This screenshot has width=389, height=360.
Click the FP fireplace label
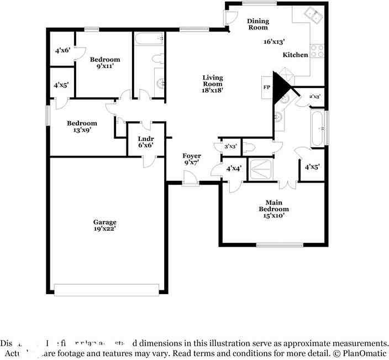coord(266,87)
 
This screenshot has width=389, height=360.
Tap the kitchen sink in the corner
coord(316,14)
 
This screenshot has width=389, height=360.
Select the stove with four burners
coord(317,51)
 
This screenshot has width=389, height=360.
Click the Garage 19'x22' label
coord(104,225)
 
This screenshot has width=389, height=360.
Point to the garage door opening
coord(107,289)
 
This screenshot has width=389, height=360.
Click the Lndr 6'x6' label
coord(146,142)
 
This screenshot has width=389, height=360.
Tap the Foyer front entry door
coord(191,180)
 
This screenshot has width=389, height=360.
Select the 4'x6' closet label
coord(62,50)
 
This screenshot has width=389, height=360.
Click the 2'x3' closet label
coord(315,97)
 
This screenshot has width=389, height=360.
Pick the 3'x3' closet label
coord(230,147)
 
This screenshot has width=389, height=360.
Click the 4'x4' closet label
coord(233,168)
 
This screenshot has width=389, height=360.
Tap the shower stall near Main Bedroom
coord(261,169)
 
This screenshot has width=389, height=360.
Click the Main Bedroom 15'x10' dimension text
coord(274,216)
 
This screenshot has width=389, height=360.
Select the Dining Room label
coord(257,24)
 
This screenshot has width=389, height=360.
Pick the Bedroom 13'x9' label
coord(82,127)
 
